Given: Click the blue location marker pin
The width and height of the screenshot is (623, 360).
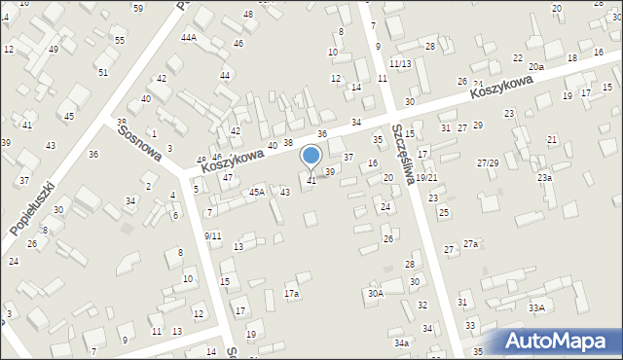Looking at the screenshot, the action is pos(311,156).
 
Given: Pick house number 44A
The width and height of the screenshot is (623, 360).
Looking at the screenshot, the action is pos(188,37).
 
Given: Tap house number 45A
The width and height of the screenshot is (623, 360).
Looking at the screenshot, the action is pos(256,192).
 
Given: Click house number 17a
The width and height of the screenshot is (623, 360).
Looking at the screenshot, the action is pos(291,293).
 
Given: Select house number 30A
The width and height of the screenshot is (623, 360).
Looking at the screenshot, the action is pos(375,293).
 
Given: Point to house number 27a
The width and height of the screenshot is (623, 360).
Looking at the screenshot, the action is pos(470,243).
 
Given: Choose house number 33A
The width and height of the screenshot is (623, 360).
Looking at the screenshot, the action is pos(536,307).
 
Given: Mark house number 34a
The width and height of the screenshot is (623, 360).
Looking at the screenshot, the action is pos(401,342).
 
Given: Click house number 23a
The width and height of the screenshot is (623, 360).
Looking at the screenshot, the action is pos(544,178).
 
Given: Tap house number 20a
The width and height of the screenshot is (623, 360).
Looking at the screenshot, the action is pos(536,67).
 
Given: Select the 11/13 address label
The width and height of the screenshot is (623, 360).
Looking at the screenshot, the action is pos(399,63).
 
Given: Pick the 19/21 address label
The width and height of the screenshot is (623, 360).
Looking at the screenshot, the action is pos(426,177).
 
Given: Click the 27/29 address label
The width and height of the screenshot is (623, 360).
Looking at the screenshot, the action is pos(488,162).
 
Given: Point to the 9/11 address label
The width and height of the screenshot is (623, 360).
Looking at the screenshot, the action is pos(212,235).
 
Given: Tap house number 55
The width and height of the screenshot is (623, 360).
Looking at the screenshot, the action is pos(119,40).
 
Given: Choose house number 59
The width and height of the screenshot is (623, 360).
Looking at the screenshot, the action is pos(137,8).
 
